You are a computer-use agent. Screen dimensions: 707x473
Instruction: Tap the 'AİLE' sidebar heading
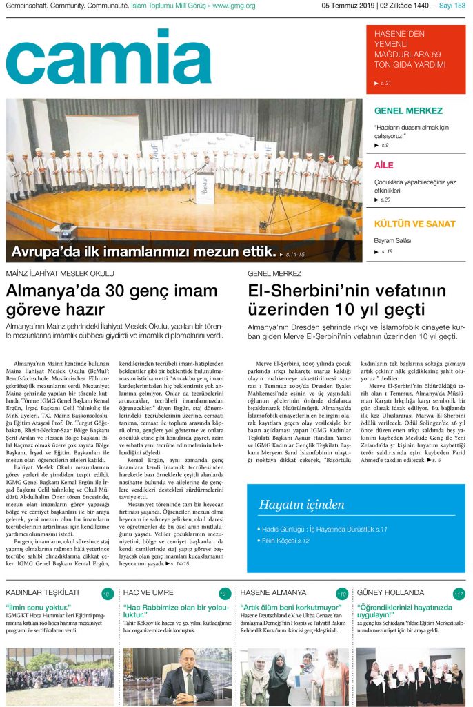pyautogui.click(x=384, y=166)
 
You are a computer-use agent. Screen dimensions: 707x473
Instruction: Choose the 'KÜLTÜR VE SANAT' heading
pyautogui.click(x=414, y=224)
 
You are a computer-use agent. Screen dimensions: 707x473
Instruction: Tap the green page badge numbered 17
pyautogui.click(x=459, y=594)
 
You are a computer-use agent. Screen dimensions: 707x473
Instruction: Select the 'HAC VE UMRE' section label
pyautogui.click(x=148, y=592)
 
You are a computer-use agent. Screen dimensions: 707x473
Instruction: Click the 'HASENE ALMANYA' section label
pyautogui.click(x=273, y=592)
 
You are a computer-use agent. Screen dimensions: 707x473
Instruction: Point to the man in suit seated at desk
pyautogui.click(x=187, y=681)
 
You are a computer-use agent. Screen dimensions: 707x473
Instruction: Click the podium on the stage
pyautogui.click(x=205, y=188)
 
